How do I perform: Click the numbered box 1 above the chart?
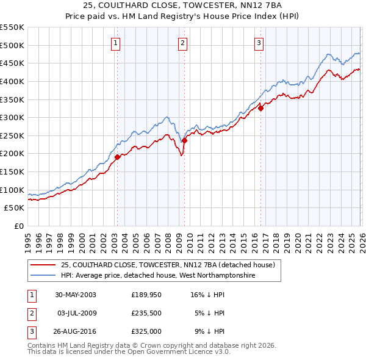tap(116, 43)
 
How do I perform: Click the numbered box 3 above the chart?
tap(259, 43)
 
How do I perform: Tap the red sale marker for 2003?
tap(117, 157)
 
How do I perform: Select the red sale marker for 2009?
tap(184, 140)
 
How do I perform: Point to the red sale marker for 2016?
tap(260, 108)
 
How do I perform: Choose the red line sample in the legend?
tap(42, 265)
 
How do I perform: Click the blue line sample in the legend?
tap(42, 276)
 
